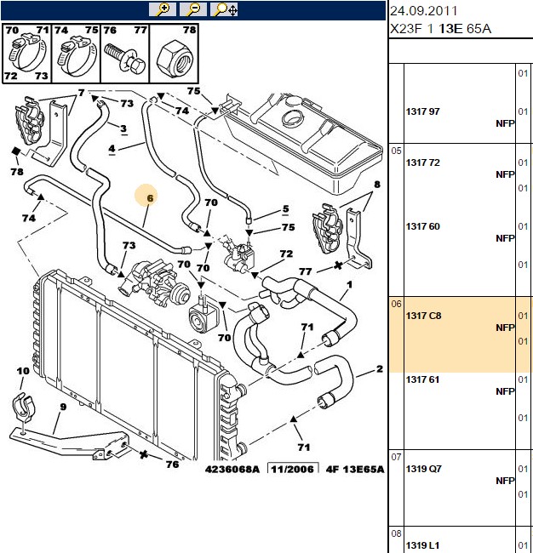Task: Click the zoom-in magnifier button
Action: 163,9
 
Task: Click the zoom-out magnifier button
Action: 193,9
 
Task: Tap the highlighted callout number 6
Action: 150,198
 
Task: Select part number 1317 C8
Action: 423,316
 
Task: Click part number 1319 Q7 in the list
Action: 423,469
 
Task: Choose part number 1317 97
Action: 423,111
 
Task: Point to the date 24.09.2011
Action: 423,11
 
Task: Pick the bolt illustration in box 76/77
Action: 125,59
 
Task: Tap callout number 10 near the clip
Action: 23,371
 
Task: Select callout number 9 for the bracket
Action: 63,407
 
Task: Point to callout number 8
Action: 377,184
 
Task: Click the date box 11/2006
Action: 293,469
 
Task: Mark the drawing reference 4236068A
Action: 232,470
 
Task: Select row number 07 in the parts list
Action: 396,457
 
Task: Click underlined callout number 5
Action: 285,209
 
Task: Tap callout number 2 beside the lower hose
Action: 380,369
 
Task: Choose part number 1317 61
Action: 422,379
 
